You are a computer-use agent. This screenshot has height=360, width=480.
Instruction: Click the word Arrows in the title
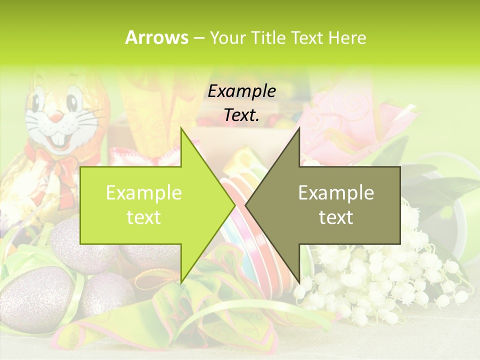(156, 37)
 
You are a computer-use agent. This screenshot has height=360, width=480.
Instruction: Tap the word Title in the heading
(266, 37)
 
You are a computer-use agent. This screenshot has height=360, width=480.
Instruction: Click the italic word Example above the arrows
(241, 91)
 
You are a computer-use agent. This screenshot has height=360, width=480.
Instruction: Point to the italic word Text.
(241, 115)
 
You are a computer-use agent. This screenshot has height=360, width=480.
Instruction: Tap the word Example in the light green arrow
(144, 193)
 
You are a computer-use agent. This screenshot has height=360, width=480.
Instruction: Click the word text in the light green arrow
(144, 217)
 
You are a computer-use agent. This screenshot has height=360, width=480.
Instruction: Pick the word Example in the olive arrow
(336, 193)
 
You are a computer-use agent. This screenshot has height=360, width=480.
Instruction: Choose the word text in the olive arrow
(336, 217)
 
